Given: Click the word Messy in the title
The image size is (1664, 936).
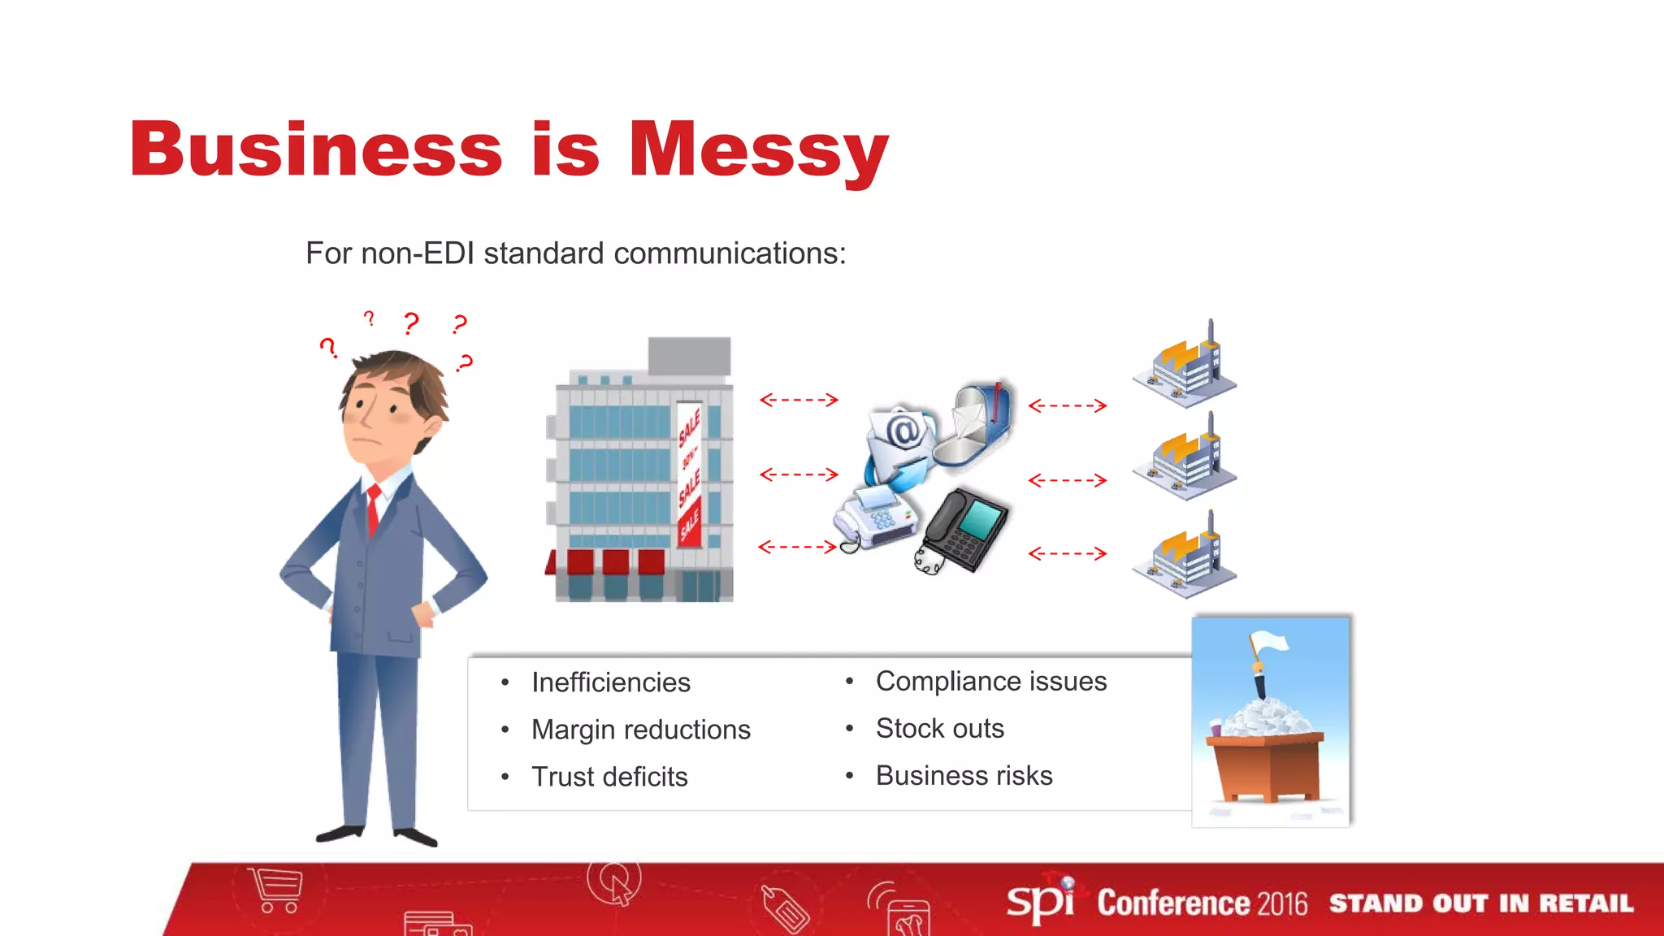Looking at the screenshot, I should coord(758,152).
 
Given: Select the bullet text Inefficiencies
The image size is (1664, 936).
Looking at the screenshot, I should coord(610,682).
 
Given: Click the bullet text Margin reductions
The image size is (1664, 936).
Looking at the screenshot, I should coord(640,730).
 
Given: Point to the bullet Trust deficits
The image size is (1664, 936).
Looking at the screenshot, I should coord(609,777).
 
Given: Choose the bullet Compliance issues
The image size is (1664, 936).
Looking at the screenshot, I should coord(990,681).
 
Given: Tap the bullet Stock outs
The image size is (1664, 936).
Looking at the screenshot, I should coord(939,728).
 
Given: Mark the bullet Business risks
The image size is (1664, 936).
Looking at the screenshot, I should coord(964,775).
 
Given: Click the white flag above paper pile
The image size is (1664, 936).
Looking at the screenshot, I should coord(1270,643).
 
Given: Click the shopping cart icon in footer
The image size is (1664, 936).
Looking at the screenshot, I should coord(277,890).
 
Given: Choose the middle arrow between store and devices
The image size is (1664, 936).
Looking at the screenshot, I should coord(799,474).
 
